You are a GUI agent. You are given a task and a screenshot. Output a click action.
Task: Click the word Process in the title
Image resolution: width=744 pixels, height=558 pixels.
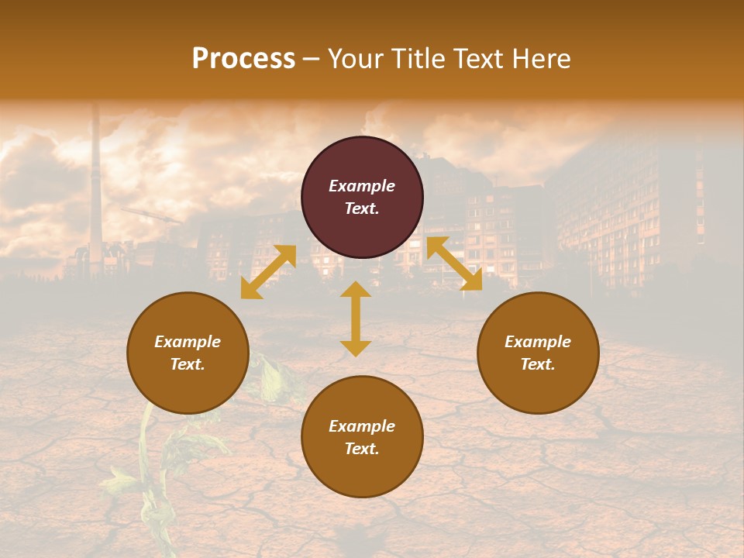pyautogui.click(x=243, y=59)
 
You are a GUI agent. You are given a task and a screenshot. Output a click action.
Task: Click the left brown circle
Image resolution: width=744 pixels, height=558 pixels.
pyautogui.click(x=188, y=353)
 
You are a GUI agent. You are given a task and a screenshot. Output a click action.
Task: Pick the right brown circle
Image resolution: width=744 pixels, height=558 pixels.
pyautogui.click(x=538, y=353)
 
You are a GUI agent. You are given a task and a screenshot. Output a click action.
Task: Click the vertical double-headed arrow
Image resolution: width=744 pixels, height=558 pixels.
pyautogui.click(x=356, y=319)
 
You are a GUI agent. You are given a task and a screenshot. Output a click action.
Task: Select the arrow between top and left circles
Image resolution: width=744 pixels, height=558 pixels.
pyautogui.click(x=268, y=272)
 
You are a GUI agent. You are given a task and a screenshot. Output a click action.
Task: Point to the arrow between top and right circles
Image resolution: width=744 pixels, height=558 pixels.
pyautogui.click(x=454, y=263)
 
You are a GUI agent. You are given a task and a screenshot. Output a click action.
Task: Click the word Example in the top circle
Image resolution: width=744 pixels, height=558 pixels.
pyautogui.click(x=362, y=186)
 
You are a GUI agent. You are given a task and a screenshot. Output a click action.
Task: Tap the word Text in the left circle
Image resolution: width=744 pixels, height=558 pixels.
pyautogui.click(x=188, y=364)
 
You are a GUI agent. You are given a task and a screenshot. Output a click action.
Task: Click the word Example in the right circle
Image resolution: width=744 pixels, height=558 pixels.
pyautogui.click(x=538, y=342)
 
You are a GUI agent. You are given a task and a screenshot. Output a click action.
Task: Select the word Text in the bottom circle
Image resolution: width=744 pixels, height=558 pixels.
pyautogui.click(x=362, y=449)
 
